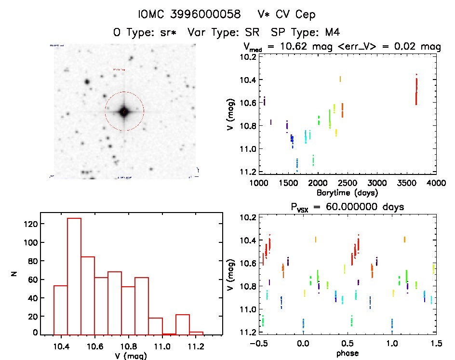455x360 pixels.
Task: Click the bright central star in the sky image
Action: [124, 111]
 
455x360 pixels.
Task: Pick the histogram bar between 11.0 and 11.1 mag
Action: [169, 333]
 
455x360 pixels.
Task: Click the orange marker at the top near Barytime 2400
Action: [340, 79]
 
